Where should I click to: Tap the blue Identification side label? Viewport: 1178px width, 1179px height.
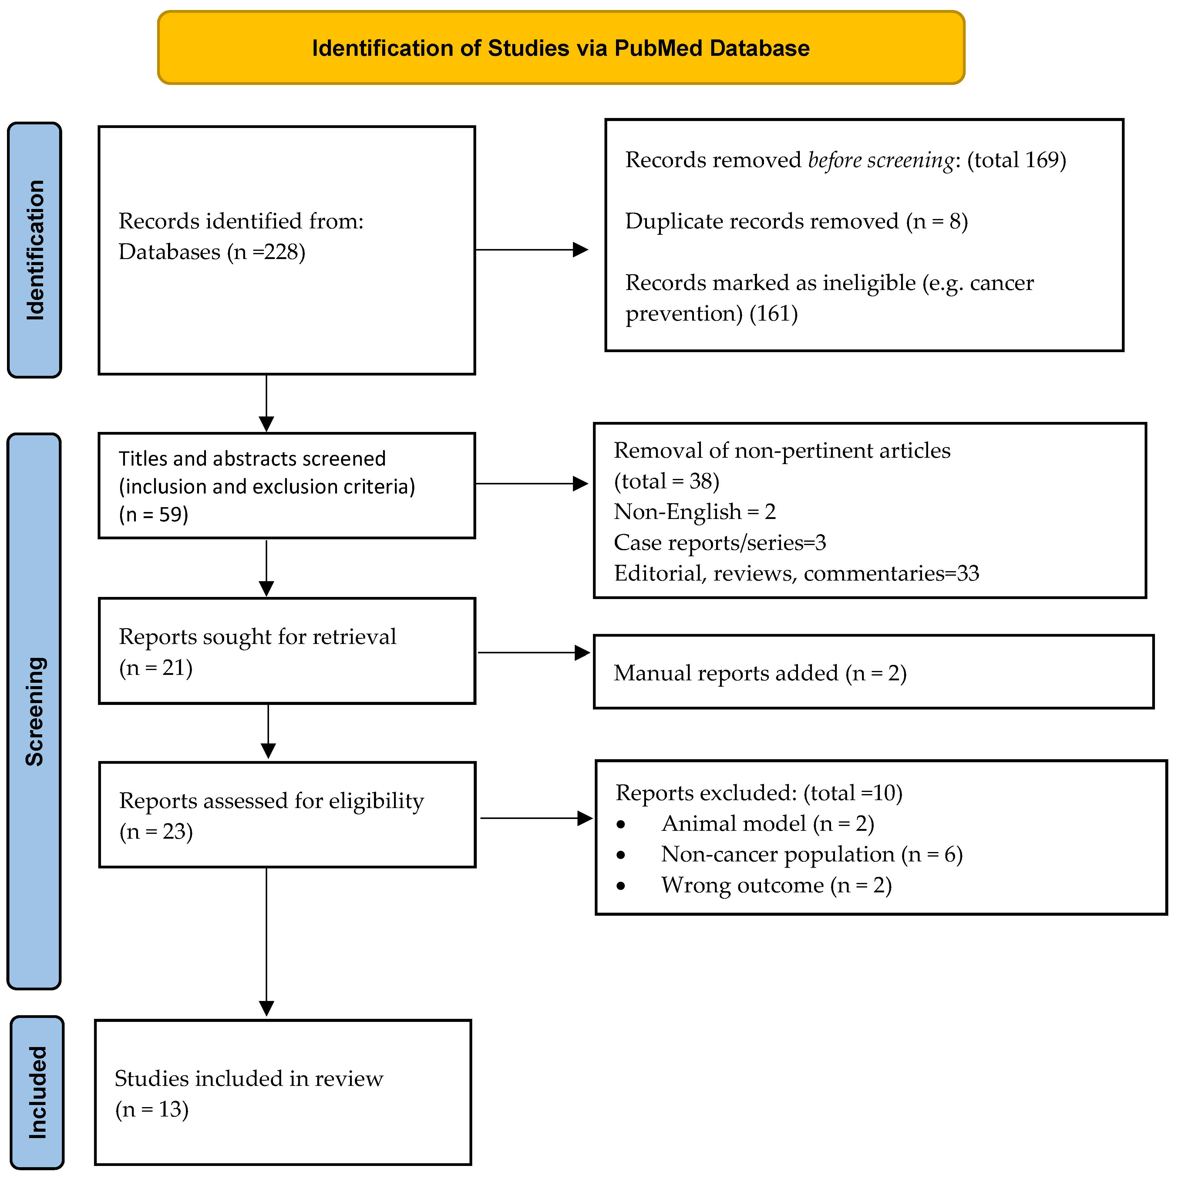34,250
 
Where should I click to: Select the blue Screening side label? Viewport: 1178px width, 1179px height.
34,711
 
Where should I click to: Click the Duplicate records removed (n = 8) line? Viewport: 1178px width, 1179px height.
796,221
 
